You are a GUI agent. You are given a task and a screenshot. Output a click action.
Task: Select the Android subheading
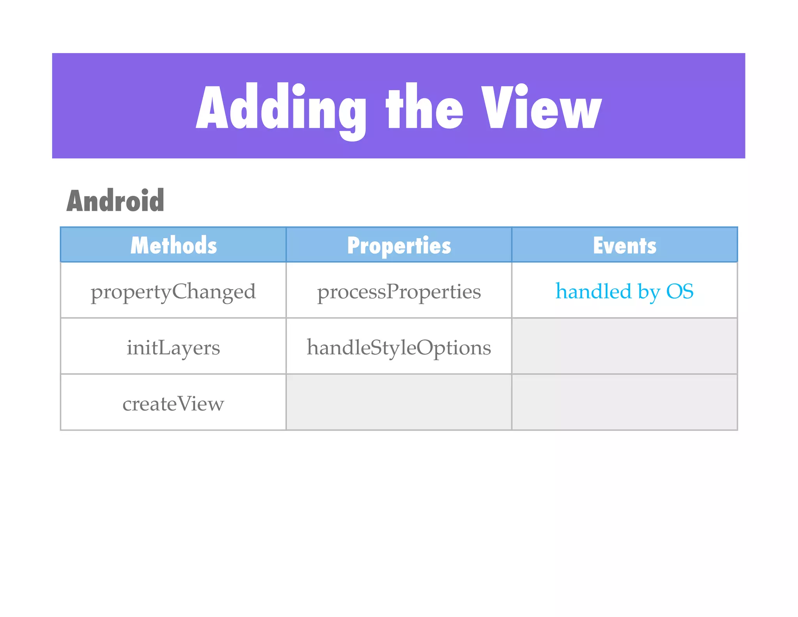point(115,200)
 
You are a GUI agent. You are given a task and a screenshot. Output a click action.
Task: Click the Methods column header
point(173,245)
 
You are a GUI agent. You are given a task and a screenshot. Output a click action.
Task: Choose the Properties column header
point(399,245)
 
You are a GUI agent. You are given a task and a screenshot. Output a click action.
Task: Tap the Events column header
point(625,245)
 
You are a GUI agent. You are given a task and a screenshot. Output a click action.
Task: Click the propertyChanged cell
point(173,291)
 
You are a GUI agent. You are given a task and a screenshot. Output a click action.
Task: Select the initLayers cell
point(173,347)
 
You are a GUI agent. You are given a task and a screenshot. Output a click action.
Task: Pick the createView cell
point(173,403)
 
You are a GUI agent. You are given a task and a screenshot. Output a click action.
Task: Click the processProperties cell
point(399,291)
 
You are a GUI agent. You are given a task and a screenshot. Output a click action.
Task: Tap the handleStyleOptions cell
point(399,347)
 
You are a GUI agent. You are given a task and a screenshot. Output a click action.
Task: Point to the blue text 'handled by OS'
point(625,291)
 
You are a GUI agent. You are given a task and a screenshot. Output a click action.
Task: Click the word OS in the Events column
point(680,291)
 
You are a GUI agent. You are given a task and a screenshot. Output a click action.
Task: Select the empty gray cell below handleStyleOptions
point(399,402)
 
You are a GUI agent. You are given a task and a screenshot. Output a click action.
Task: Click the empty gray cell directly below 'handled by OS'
point(625,346)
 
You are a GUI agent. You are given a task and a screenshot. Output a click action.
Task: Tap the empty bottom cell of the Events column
point(625,402)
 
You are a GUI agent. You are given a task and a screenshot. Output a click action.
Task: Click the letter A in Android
point(76,201)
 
